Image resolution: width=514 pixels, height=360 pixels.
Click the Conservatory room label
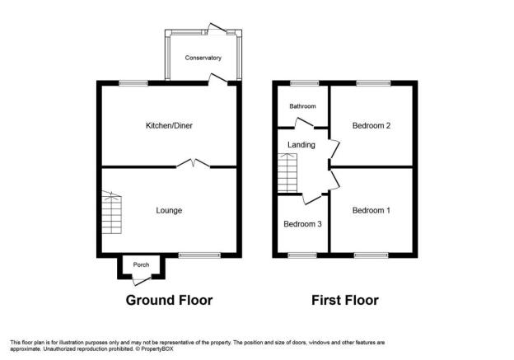click(203, 58)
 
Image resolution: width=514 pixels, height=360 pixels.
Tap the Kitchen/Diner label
click(169, 125)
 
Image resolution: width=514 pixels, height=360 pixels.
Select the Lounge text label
click(169, 211)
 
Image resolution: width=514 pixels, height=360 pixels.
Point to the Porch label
click(141, 264)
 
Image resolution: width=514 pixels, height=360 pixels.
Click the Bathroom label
click(302, 106)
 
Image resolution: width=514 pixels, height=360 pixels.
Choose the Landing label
click(301, 145)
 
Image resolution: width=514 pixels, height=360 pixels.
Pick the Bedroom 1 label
click(371, 211)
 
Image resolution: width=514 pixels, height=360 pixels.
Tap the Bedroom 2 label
click(371, 125)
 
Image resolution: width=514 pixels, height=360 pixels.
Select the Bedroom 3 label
click(302, 224)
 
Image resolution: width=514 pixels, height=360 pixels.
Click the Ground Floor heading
click(169, 300)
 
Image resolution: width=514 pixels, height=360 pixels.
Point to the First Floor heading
click(345, 300)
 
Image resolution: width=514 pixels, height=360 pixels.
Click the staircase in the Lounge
click(111, 213)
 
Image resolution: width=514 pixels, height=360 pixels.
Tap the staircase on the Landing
click(287, 173)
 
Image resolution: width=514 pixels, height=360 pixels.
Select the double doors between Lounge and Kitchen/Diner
click(194, 163)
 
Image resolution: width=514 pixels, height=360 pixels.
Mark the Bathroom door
click(304, 123)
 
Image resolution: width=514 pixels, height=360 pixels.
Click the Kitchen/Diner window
click(133, 83)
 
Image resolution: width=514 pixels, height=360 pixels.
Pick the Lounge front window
click(199, 255)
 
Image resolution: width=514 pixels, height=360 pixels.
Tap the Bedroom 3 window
click(302, 255)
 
